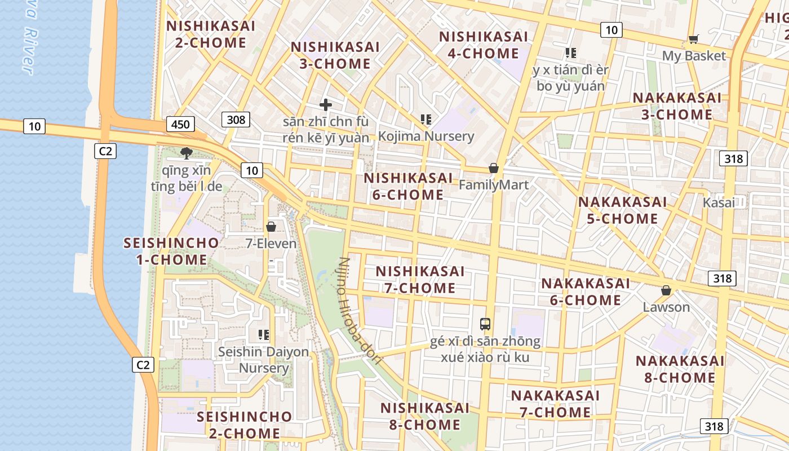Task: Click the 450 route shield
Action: click(180, 124)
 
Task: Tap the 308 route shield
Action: click(236, 119)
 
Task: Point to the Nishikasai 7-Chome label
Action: click(420, 280)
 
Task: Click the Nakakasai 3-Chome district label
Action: click(677, 106)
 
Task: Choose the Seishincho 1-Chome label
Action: click(171, 251)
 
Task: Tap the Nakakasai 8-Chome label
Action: click(680, 369)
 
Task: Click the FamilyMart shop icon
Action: click(494, 168)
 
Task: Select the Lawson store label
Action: click(666, 307)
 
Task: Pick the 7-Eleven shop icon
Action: click(271, 227)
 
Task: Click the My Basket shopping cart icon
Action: click(693, 39)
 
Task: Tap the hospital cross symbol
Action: click(326, 105)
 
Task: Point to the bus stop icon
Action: click(485, 324)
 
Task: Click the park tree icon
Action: click(187, 152)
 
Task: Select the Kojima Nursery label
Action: click(426, 136)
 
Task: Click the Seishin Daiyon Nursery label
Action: click(264, 360)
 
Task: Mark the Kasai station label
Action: click(719, 203)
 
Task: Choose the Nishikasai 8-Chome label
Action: click(425, 416)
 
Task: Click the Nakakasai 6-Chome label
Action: click(586, 291)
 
